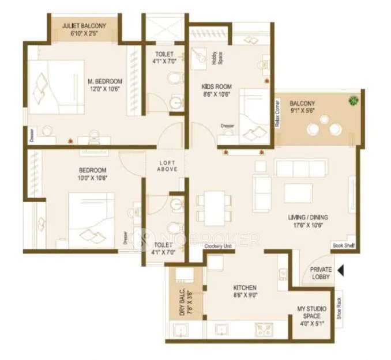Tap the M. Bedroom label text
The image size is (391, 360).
(x=104, y=84)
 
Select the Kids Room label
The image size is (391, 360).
(x=215, y=90)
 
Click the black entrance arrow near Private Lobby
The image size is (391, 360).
(x=341, y=270)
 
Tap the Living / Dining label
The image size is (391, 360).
(x=308, y=221)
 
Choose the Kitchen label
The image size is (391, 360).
(x=245, y=291)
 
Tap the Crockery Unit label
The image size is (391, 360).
(x=219, y=247)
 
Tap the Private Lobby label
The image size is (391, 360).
(x=321, y=273)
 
